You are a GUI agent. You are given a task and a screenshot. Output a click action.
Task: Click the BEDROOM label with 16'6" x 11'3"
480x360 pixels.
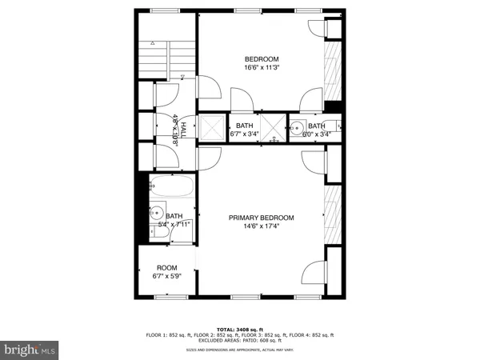tap(262, 59)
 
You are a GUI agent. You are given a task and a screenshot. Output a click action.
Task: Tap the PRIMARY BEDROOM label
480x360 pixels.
tap(262, 218)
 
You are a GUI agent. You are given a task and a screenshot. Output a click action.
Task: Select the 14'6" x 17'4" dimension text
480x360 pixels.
tap(262, 226)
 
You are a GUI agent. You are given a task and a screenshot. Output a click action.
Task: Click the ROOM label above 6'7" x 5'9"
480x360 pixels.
tap(166, 268)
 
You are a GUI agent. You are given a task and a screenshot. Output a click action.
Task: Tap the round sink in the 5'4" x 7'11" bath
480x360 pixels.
tap(158, 214)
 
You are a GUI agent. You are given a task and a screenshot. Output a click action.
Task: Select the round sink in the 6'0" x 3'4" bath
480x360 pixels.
tap(297, 126)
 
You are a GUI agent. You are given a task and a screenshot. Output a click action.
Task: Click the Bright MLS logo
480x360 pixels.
tap(30, 349)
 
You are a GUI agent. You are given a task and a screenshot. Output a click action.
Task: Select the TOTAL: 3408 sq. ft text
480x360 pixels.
tap(240, 328)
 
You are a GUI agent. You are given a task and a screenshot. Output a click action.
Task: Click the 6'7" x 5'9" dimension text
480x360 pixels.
tap(166, 277)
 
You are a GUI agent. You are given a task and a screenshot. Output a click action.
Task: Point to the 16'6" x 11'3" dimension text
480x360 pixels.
tap(262, 68)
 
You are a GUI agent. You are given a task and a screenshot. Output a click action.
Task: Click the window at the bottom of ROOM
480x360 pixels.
tap(166, 297)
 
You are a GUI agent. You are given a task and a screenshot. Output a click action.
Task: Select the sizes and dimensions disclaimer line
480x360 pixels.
tap(240, 350)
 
